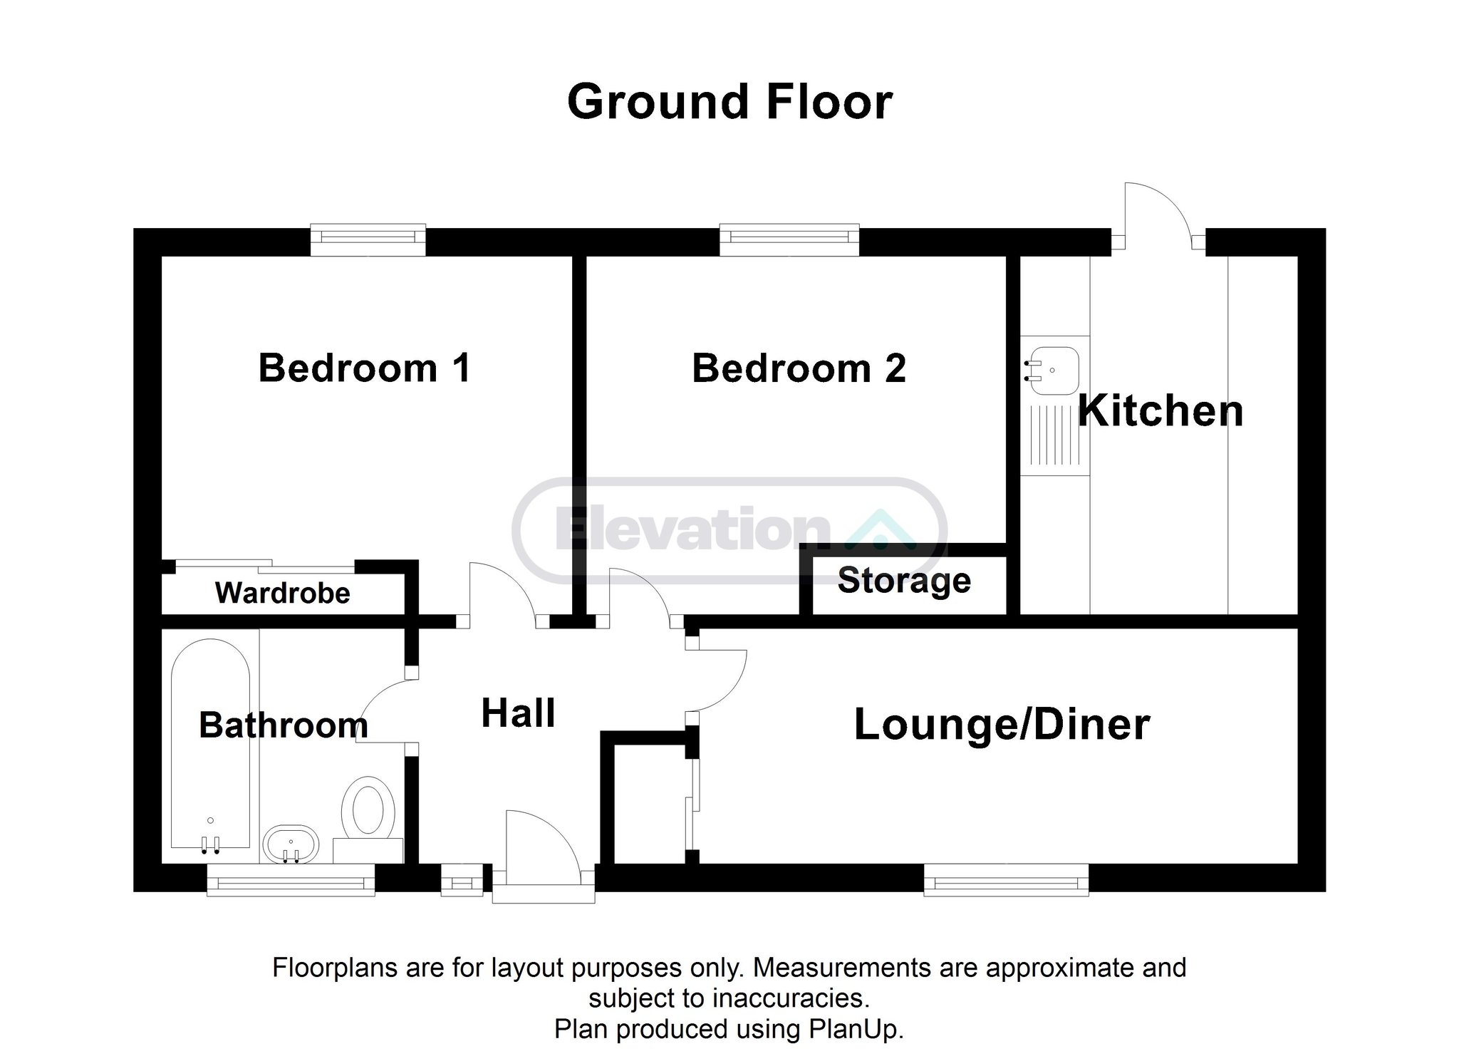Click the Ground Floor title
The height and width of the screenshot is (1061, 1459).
coord(729,103)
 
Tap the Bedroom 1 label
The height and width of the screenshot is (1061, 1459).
coord(365,368)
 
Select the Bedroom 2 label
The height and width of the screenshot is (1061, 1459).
coord(799,368)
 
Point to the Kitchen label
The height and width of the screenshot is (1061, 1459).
coord(1161,411)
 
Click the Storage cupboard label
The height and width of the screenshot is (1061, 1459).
coord(904,581)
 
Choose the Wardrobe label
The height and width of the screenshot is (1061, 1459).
coord(283,593)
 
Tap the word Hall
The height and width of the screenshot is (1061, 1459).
coord(519,713)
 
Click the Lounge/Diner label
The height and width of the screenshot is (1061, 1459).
coord(1002,725)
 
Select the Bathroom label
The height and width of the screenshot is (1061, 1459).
coord(284,725)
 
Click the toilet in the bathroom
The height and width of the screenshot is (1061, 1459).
coord(368,819)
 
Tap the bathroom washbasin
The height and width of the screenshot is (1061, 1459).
coord(291,844)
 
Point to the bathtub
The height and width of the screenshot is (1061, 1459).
coord(211,745)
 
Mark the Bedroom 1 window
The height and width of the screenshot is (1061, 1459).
coord(368,240)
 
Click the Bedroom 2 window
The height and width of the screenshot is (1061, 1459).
coord(789,240)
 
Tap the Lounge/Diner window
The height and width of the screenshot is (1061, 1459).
coord(1007,879)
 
